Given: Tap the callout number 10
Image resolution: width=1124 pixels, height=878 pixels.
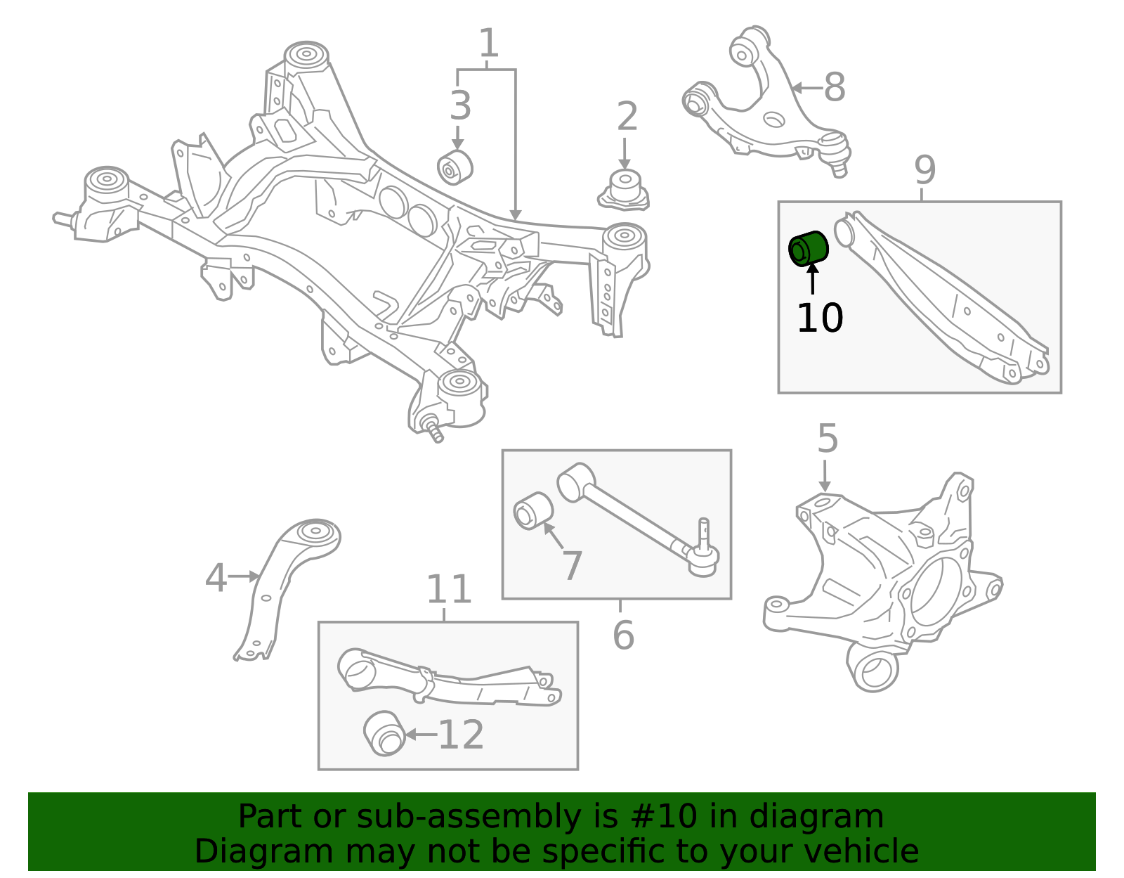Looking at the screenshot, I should click(x=819, y=318).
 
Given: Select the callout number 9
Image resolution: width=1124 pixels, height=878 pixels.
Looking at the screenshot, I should click(x=925, y=170).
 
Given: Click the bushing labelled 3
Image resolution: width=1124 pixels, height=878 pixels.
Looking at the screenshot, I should click(x=455, y=167).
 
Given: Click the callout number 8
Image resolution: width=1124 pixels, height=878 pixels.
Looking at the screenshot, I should click(x=835, y=89).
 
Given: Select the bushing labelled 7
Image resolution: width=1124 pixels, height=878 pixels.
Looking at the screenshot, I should click(x=533, y=512).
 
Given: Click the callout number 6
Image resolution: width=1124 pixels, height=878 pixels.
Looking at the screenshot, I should click(x=623, y=635).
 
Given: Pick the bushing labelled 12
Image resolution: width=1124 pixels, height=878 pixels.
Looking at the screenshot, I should click(x=385, y=734).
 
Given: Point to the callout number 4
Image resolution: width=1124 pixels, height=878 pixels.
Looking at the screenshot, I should click(x=216, y=578).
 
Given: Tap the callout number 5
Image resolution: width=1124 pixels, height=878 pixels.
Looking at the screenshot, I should click(x=828, y=439).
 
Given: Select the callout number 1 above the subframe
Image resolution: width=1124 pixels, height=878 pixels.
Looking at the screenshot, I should click(x=488, y=44).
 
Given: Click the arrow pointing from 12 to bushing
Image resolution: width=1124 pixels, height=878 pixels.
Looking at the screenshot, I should click(x=420, y=734).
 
